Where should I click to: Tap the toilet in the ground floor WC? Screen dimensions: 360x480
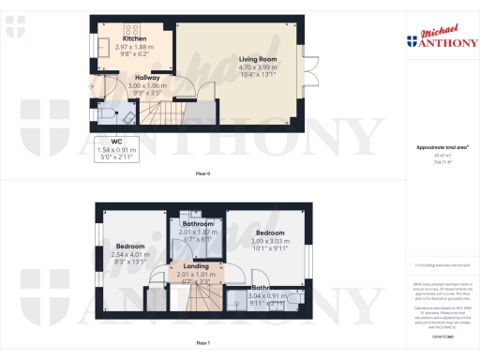[x=105, y=112]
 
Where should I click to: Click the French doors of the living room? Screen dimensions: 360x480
[x=304, y=67]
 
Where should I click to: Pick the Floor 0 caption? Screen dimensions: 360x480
[x=202, y=174]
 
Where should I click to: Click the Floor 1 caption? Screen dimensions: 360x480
[x=202, y=344]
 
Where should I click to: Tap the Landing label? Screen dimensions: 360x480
[x=196, y=265]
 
